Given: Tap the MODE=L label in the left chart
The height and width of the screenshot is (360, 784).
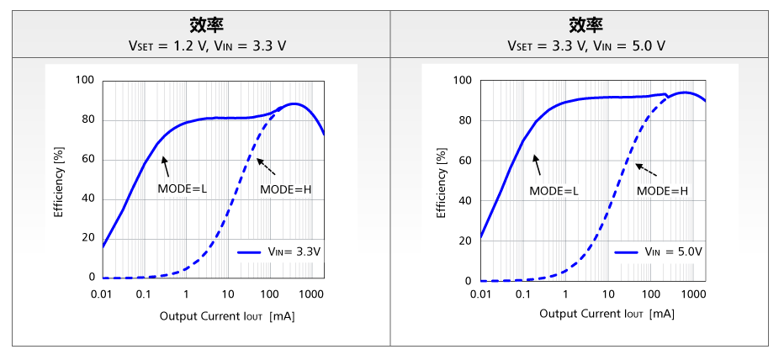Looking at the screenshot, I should [x=183, y=189].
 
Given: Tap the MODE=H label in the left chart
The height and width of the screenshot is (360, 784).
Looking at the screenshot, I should [x=285, y=189].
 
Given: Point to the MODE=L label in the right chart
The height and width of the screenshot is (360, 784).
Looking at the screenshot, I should [x=554, y=191].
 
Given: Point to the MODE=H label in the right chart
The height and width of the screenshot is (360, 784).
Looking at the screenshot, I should [x=662, y=191].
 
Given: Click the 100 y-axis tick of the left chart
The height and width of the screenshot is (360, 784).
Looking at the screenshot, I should [x=85, y=81].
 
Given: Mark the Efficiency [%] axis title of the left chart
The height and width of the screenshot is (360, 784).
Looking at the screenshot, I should [x=59, y=179].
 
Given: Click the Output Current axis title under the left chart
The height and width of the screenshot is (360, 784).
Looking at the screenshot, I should [x=226, y=316].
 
